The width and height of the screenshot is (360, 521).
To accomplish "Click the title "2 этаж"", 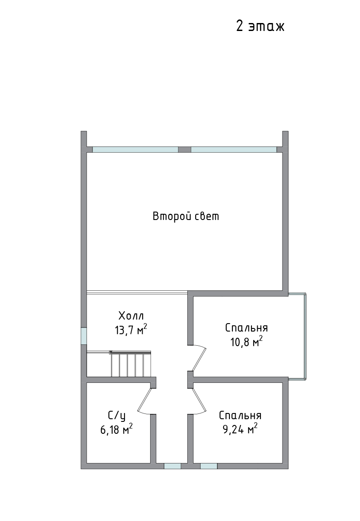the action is [x=260, y=26].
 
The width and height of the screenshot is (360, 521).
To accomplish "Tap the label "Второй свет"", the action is [x=186, y=216].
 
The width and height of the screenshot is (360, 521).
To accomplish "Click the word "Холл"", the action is [x=131, y=315].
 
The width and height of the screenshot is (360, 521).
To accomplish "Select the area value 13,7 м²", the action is [x=131, y=330].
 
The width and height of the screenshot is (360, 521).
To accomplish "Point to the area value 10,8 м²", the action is [x=246, y=342].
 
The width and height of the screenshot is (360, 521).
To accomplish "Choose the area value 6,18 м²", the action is [x=116, y=430].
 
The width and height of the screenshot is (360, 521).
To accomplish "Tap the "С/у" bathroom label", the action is [x=116, y=416].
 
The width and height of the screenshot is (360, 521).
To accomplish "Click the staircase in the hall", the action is [x=130, y=364].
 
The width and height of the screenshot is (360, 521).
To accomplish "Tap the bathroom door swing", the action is [x=145, y=401].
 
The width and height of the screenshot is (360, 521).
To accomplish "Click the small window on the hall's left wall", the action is [x=84, y=336].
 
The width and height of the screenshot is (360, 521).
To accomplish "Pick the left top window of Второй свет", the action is [x=135, y=150].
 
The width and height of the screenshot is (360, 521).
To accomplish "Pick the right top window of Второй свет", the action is [x=234, y=150].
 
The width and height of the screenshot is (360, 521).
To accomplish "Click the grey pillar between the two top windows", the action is [x=185, y=150].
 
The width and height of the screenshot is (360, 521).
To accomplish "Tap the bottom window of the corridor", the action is [x=173, y=466].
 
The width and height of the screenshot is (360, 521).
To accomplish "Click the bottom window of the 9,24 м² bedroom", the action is [x=209, y=466].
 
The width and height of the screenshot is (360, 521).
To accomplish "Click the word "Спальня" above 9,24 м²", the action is [x=240, y=415].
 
